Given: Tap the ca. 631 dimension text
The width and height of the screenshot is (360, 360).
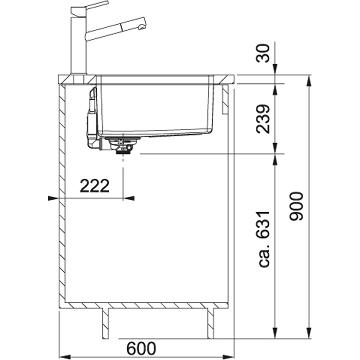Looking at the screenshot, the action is coord(263,239).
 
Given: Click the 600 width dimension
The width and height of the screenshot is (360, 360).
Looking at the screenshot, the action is coord(141,349).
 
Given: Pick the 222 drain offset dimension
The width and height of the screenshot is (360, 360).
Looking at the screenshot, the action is coord(94,186).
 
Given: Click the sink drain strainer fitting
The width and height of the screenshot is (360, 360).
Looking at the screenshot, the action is coord(122,145).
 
